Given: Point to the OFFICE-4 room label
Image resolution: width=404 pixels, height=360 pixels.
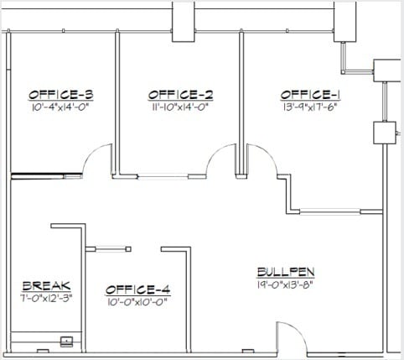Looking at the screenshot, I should coord(135,290).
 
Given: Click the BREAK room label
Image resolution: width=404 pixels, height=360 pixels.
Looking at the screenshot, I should coord(47,285).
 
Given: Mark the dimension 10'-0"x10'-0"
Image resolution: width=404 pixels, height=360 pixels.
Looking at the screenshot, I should coord(135,302).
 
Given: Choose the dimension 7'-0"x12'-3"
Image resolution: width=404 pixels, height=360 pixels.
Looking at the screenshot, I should coord(47,298).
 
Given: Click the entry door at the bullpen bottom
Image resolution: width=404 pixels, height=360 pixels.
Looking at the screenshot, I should coord(293,338).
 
